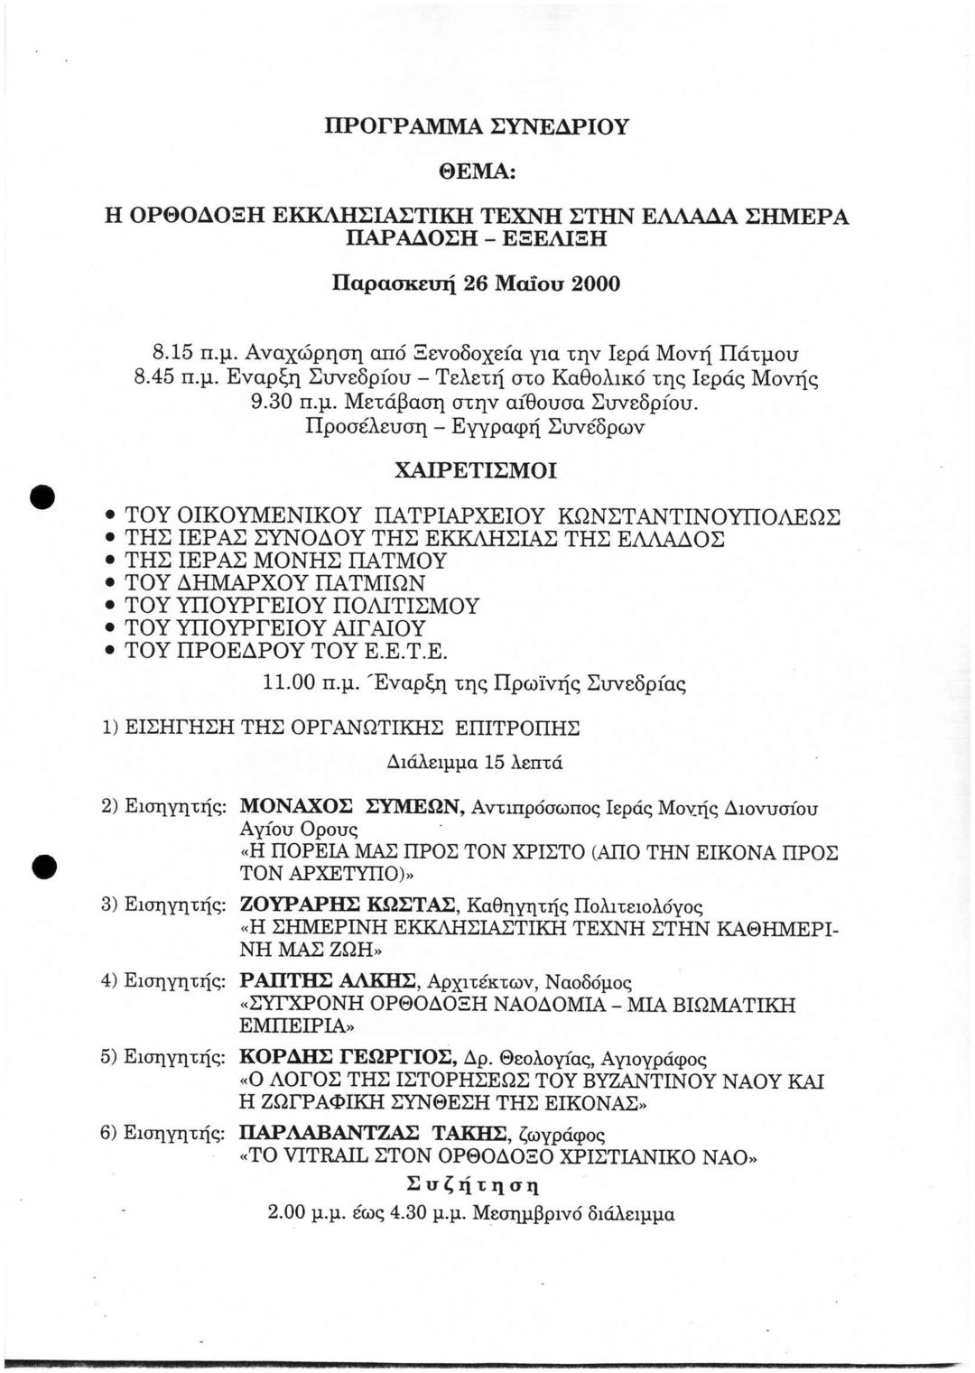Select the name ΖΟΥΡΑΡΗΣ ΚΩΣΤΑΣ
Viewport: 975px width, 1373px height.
click(349, 905)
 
